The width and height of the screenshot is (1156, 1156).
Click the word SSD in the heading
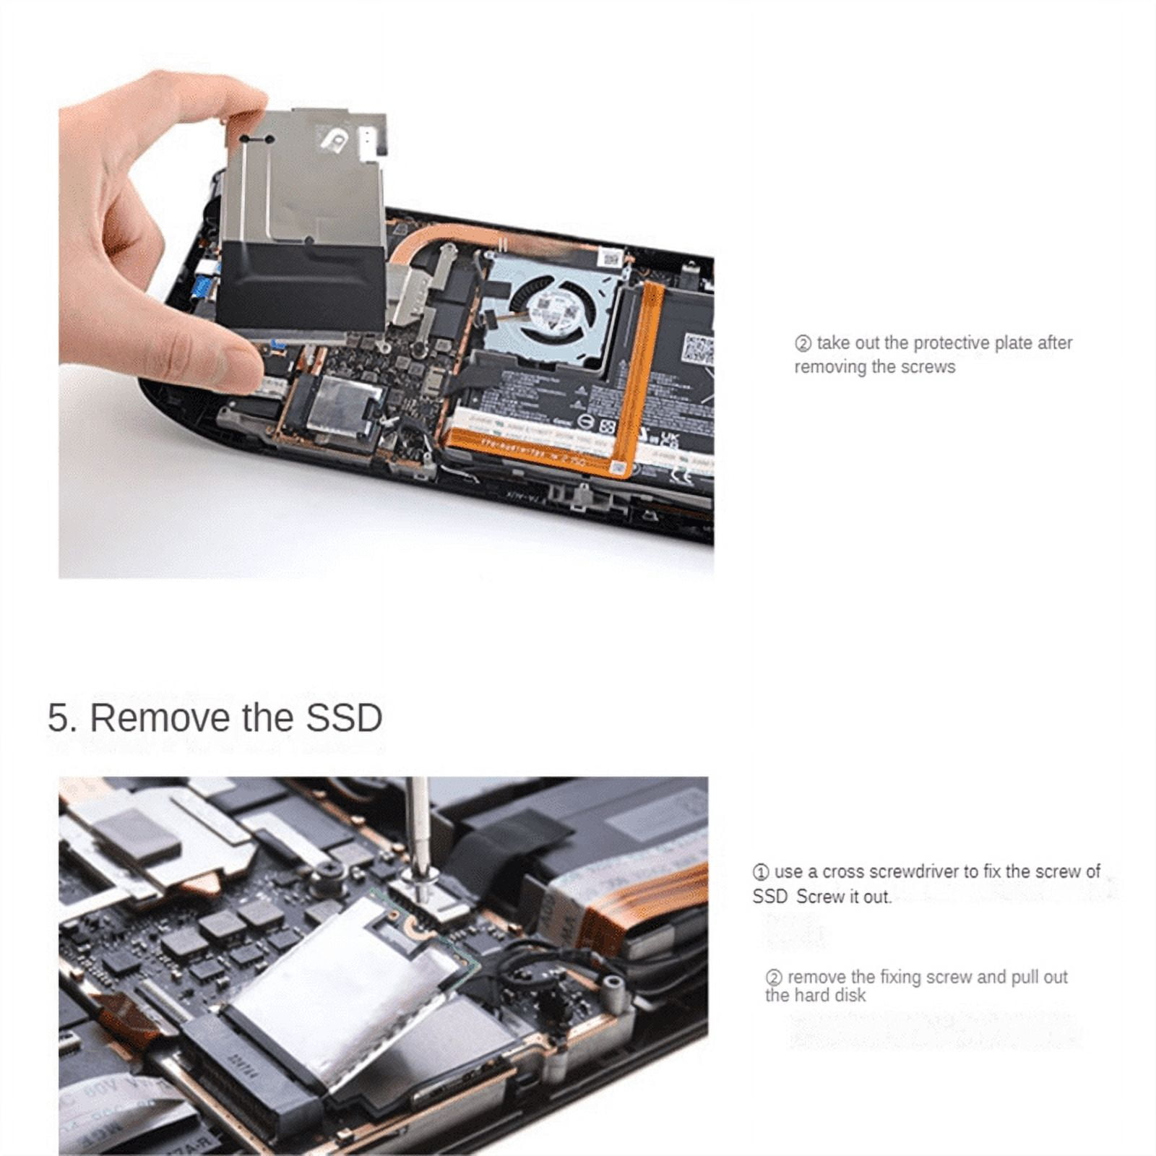pyautogui.click(x=344, y=718)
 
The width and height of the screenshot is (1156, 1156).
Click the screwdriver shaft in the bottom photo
pyautogui.click(x=416, y=824)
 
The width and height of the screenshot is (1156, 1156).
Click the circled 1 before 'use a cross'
pyautogui.click(x=760, y=872)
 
